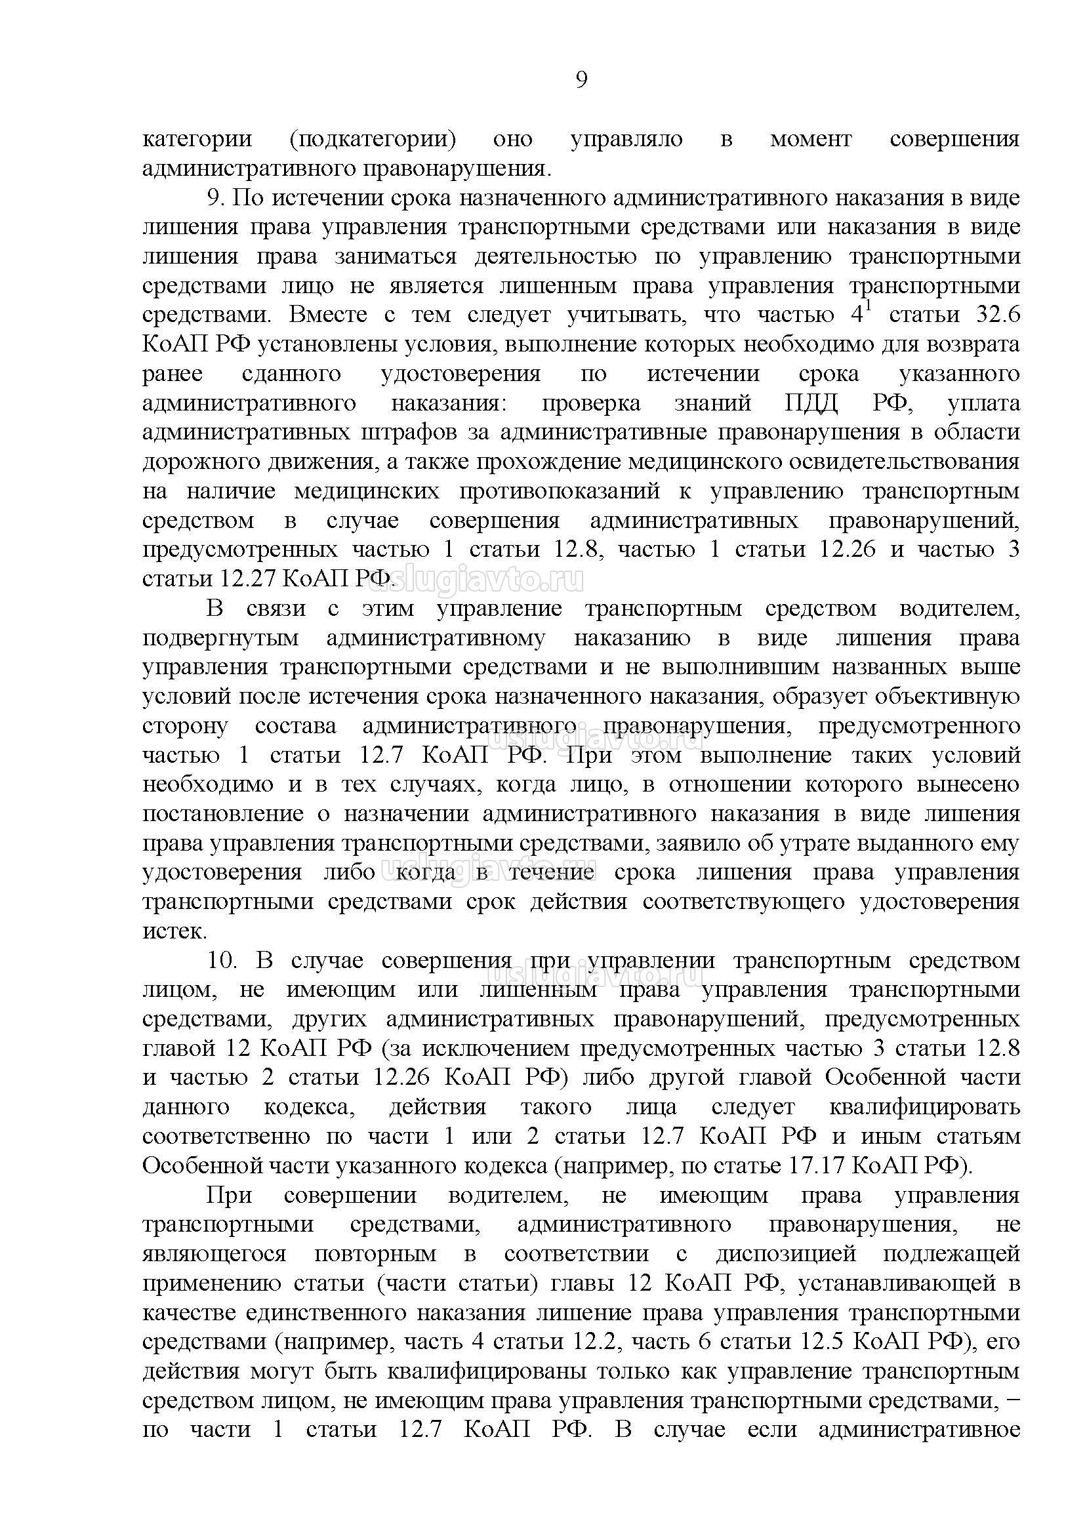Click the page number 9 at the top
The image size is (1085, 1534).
581,80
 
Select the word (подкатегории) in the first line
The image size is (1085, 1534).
373,140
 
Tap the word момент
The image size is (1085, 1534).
810,140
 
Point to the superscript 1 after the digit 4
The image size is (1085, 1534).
869,307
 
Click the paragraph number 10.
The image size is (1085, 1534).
222,961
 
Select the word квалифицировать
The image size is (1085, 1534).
925,1107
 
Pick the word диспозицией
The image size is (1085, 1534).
786,1253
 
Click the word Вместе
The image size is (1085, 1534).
328,315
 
